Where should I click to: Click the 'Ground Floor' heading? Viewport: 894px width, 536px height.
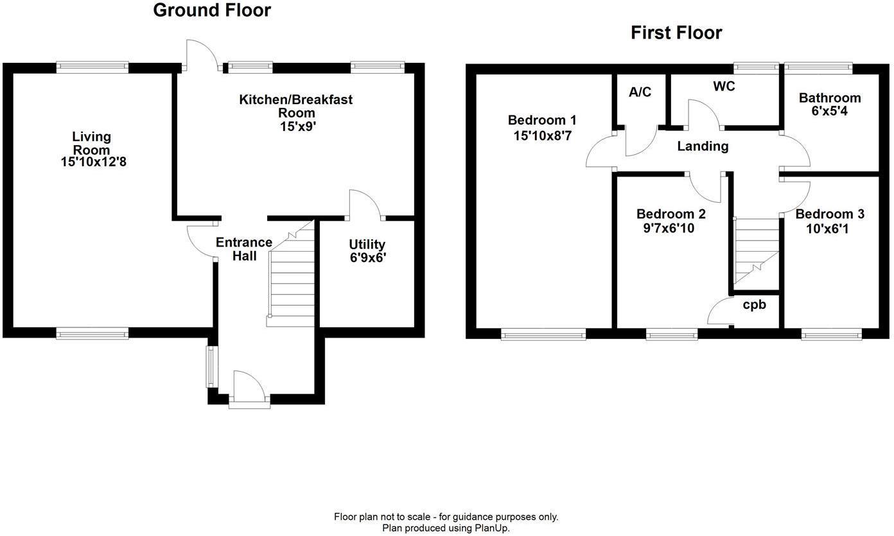(212, 11)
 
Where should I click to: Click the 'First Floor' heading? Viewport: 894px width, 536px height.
(676, 33)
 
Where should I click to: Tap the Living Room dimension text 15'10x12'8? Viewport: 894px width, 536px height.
(94, 162)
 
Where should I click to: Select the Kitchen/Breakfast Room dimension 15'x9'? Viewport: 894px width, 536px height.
(296, 127)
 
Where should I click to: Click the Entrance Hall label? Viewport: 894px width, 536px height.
(244, 249)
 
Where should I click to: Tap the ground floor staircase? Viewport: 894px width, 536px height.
(291, 282)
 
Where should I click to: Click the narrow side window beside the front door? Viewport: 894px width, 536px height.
(210, 367)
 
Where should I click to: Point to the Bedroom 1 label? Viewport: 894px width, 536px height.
(541, 120)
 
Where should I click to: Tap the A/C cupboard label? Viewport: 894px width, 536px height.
(640, 92)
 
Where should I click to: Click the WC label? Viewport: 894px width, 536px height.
(723, 86)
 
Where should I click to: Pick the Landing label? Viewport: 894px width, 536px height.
(703, 146)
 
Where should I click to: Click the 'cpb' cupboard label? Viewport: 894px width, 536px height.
(754, 305)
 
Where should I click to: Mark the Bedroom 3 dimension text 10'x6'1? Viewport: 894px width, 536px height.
(821, 229)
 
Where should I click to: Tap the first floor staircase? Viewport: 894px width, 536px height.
(755, 250)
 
